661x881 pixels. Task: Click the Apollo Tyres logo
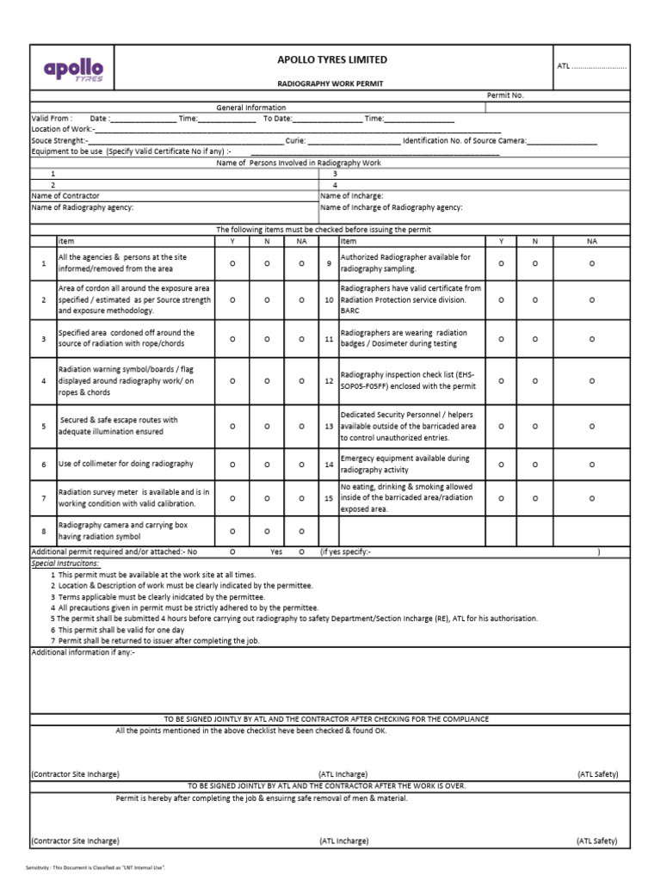pyautogui.click(x=73, y=69)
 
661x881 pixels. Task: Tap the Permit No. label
pyautogui.click(x=505, y=95)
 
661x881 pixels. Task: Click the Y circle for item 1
pyautogui.click(x=232, y=263)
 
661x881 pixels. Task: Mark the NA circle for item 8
pyautogui.click(x=301, y=531)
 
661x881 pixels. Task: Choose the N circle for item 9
pyautogui.click(x=534, y=263)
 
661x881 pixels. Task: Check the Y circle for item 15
pyautogui.click(x=502, y=498)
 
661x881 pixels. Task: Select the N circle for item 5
pyautogui.click(x=267, y=426)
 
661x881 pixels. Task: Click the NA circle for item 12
pyautogui.click(x=591, y=381)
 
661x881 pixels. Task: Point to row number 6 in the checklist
pyautogui.click(x=43, y=465)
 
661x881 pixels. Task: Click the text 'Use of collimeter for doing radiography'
pyautogui.click(x=126, y=464)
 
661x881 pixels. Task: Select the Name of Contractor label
pyautogui.click(x=65, y=196)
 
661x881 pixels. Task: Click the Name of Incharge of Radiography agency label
pyautogui.click(x=391, y=207)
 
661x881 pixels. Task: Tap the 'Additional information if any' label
pyautogui.click(x=83, y=652)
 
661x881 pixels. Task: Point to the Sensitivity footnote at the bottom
pyautogui.click(x=95, y=867)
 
